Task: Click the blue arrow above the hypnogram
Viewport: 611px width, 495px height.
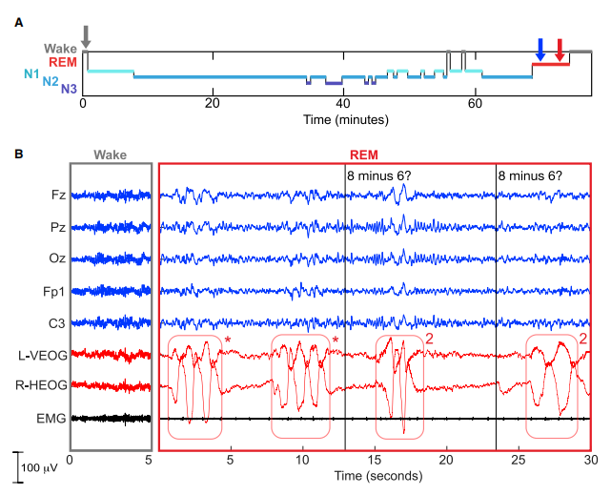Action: (540, 49)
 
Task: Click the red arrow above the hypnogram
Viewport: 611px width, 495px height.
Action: (560, 49)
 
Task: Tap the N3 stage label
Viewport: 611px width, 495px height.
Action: (69, 90)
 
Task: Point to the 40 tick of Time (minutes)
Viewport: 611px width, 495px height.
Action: (344, 106)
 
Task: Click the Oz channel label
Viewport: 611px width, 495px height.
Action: (58, 258)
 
